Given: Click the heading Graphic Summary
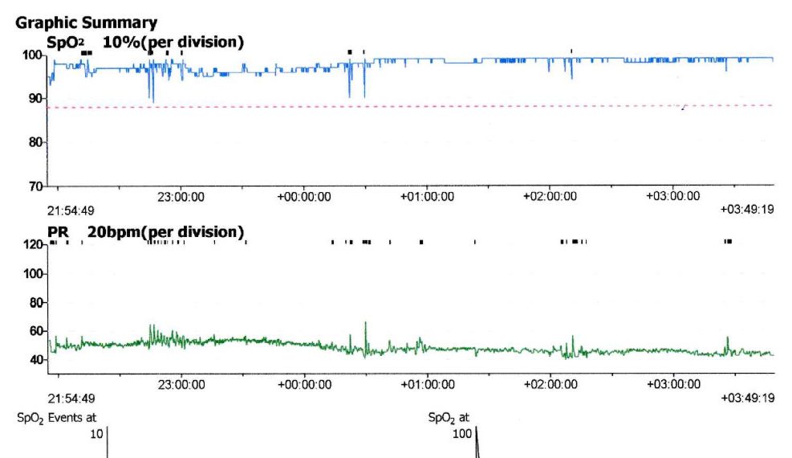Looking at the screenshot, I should point(86,23).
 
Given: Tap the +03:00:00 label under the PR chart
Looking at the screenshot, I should point(672,384).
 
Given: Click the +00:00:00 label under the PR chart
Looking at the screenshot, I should point(304,384).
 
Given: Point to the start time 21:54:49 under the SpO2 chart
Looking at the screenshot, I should point(71,210).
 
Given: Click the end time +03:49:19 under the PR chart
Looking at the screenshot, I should point(747,398).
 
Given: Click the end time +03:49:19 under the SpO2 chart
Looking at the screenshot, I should point(747,210).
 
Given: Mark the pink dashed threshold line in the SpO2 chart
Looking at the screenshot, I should point(401,106).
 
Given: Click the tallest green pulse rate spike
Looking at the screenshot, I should point(366,323).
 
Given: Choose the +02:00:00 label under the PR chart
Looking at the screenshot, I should point(550,384).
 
